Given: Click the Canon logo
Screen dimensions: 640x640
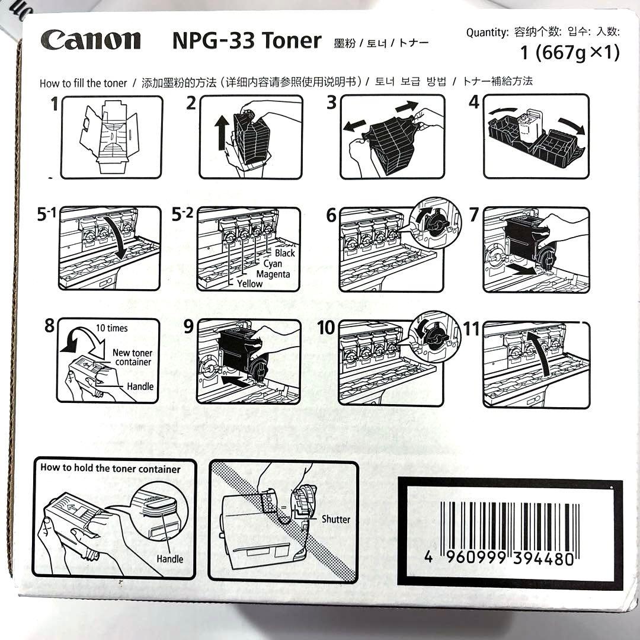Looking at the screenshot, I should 91,40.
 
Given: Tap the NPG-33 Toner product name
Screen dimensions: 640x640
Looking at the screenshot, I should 247,41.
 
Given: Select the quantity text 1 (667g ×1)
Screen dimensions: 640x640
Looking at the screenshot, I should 569,53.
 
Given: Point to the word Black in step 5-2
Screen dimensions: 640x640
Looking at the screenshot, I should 284,253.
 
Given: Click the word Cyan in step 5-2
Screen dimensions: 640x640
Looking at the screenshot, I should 273,264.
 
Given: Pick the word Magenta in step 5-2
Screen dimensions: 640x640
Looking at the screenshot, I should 273,274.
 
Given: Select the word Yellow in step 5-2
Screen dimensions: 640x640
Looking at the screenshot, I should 249,284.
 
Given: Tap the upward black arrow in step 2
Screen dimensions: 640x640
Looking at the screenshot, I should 222,133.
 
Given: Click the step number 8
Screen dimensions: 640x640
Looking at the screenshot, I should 49,325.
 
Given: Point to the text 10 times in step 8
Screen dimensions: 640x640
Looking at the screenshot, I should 111,328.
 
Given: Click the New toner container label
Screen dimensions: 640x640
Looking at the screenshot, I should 133,357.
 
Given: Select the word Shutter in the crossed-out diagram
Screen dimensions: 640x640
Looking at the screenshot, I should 335,519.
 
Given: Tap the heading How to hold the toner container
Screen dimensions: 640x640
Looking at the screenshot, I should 110,468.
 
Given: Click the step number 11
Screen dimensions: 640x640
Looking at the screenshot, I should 471,328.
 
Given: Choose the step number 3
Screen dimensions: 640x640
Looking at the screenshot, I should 332,103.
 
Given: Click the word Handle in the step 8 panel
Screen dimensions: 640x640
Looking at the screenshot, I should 140,386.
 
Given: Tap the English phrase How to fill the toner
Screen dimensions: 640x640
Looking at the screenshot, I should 83,83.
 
